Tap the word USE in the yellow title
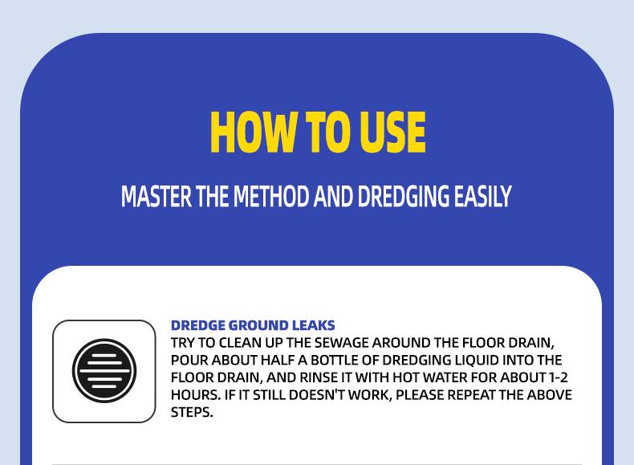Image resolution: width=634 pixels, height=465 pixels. click(392, 133)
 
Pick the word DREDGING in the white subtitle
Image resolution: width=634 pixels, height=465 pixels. click(404, 197)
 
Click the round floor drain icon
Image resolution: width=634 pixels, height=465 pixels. click(104, 371)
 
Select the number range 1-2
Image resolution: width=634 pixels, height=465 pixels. click(559, 377)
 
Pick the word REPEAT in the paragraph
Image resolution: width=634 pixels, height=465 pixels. click(475, 395)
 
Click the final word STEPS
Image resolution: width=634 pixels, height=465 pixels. click(191, 412)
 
